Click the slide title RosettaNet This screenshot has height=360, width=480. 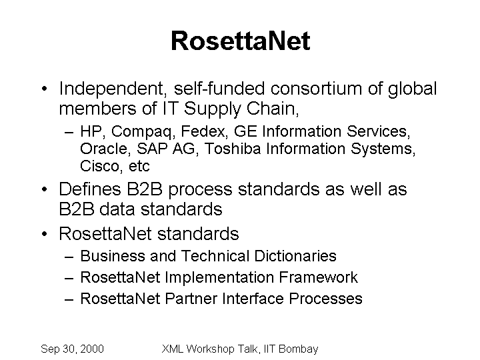click(x=241, y=41)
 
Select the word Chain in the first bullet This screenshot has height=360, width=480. click(x=273, y=109)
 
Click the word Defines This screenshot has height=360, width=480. click(x=90, y=189)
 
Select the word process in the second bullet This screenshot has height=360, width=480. click(x=200, y=190)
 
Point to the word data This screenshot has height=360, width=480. click(x=117, y=209)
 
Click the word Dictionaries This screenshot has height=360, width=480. click(x=295, y=255)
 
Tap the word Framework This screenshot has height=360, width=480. click(x=318, y=277)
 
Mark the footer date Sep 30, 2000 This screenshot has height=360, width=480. click(x=72, y=349)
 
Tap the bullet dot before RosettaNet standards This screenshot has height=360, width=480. click(x=45, y=234)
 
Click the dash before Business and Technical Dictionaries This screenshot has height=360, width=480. click(x=69, y=257)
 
